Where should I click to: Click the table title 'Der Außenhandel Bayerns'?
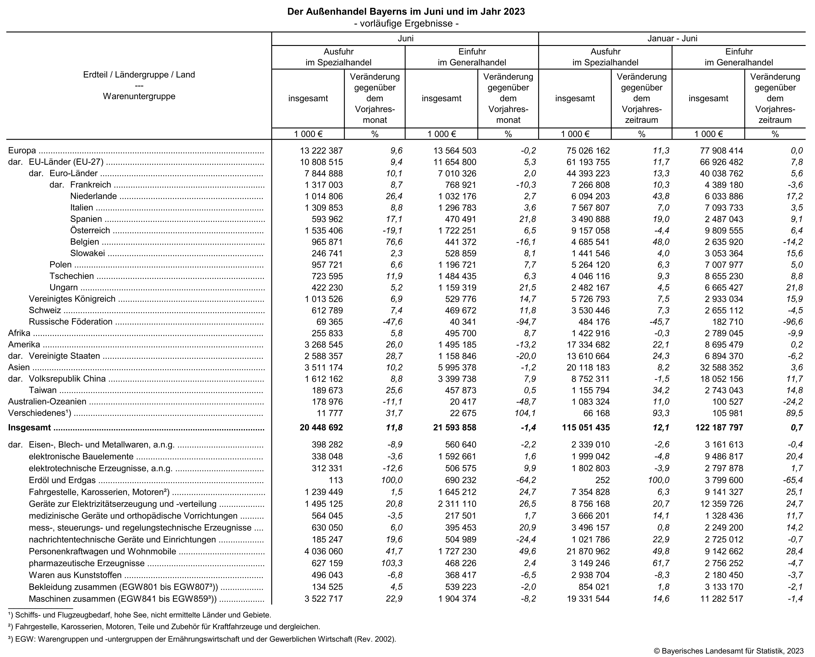pos(406,11)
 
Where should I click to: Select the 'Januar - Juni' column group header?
pos(672,39)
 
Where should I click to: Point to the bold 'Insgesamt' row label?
pos(29,428)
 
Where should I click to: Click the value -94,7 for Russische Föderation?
pos(526,322)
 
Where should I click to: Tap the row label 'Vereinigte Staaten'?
pos(64,356)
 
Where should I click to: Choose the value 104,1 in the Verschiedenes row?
pos(526,413)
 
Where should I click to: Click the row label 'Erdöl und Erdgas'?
pos(62,480)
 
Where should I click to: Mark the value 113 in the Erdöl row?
pos(336,480)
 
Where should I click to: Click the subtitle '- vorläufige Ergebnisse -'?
pos(406,23)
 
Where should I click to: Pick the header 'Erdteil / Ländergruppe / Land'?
pos(139,74)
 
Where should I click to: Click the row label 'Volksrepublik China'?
pos(67,379)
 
